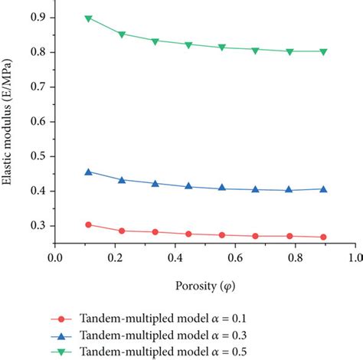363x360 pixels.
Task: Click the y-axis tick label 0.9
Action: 35,17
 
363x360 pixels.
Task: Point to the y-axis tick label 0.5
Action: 35,156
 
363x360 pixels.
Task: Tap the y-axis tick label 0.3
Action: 35,226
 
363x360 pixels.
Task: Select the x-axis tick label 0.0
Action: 54,260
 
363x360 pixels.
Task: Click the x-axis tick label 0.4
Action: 175,260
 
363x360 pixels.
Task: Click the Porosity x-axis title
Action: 204,286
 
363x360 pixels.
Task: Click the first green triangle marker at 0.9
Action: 88,18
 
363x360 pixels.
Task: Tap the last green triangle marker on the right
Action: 323,52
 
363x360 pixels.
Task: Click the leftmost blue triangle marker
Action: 88,172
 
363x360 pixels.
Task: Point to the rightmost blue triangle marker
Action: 323,188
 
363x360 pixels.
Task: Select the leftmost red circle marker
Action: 88,224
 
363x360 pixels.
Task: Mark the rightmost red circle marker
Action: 323,237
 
